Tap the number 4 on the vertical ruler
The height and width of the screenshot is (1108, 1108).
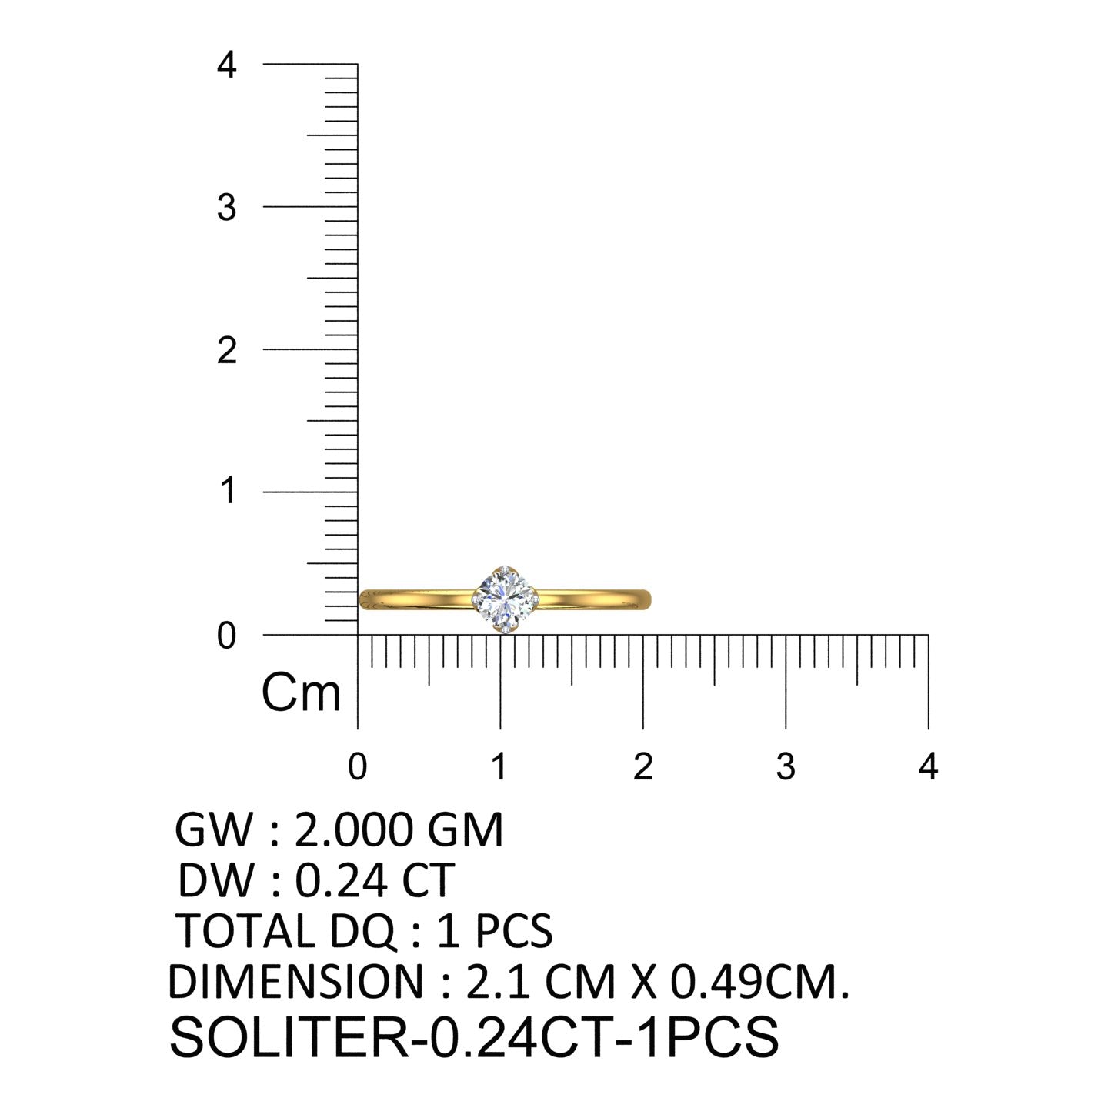point(226,65)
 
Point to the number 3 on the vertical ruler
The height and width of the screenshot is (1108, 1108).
point(226,208)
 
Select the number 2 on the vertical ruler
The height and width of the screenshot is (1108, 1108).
point(226,350)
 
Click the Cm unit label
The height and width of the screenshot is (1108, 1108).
point(302,692)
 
